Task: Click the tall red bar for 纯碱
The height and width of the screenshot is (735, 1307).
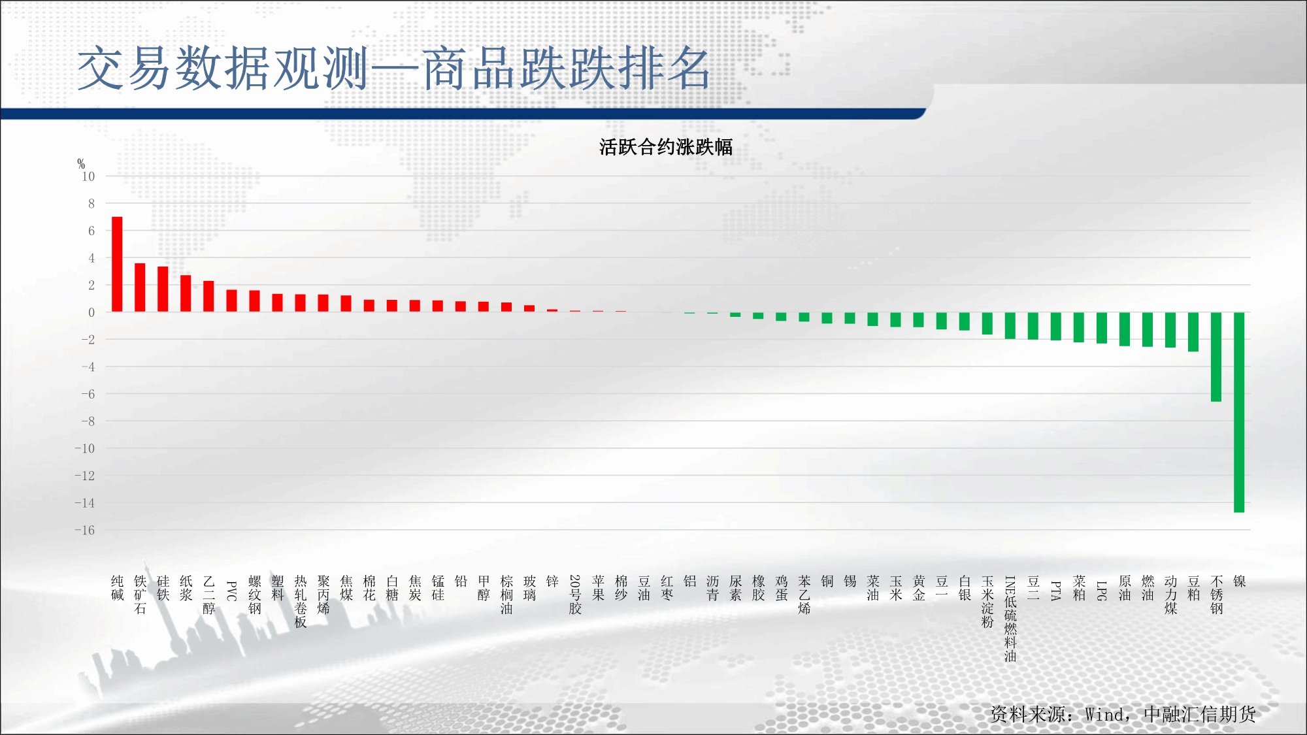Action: (x=117, y=264)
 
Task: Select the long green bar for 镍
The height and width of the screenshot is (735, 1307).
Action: (x=1239, y=412)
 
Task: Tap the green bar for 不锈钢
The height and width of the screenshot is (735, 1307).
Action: (x=1216, y=357)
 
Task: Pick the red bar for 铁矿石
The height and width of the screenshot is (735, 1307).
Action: (x=140, y=287)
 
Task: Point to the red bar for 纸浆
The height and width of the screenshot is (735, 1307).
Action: (x=186, y=293)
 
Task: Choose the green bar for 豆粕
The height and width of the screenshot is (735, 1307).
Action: (x=1193, y=332)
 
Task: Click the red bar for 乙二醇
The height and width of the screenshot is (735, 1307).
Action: (x=208, y=297)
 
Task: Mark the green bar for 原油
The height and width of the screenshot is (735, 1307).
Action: (x=1125, y=329)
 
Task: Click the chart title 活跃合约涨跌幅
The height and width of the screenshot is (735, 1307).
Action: (x=666, y=147)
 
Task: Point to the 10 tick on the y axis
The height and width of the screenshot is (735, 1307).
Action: (x=88, y=176)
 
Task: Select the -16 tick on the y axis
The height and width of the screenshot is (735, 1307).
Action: (x=85, y=530)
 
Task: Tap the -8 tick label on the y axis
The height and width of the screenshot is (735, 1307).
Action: (x=88, y=421)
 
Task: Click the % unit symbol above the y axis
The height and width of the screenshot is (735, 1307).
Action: (x=81, y=164)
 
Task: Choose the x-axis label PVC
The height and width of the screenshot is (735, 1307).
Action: (x=231, y=591)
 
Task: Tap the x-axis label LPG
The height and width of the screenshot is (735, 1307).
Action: (x=1102, y=591)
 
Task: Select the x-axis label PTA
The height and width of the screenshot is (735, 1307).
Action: (x=1056, y=591)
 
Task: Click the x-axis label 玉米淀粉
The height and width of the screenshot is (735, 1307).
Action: (x=987, y=602)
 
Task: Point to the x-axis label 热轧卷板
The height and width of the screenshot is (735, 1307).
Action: (x=301, y=602)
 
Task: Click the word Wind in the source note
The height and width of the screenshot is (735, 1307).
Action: (x=1104, y=715)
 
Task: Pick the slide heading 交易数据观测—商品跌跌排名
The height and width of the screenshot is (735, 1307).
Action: (x=394, y=69)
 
